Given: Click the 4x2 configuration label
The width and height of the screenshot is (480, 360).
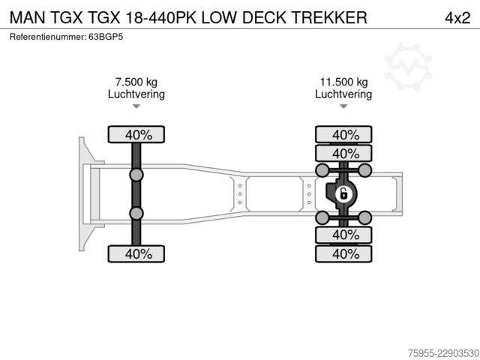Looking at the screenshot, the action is pyautogui.click(x=457, y=18).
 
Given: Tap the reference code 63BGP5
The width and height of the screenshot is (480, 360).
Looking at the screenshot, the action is pyautogui.click(x=106, y=37).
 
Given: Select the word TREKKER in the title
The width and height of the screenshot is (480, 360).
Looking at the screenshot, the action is pyautogui.click(x=329, y=17).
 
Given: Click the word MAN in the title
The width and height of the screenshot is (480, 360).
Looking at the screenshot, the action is pyautogui.click(x=28, y=17).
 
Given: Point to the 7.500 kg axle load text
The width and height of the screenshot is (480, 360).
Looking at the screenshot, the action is pyautogui.click(x=136, y=82).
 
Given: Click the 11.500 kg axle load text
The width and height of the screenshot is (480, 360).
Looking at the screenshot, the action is pyautogui.click(x=343, y=82).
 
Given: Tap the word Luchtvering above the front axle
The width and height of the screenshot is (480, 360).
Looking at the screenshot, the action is pyautogui.click(x=136, y=94).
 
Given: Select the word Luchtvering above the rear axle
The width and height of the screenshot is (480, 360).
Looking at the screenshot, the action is pyautogui.click(x=343, y=94).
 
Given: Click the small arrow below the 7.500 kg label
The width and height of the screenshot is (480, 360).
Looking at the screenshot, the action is pyautogui.click(x=136, y=106).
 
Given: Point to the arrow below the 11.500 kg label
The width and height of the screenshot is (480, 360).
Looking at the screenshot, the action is pyautogui.click(x=343, y=106).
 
